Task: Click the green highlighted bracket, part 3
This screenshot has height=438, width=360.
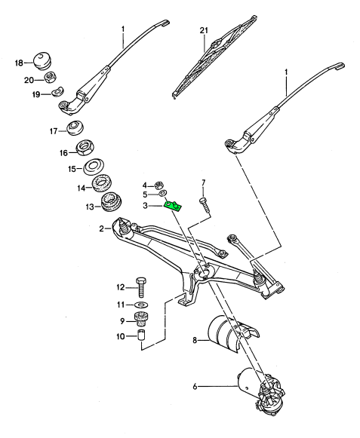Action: point(173,206)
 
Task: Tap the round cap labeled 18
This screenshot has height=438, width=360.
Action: point(42,60)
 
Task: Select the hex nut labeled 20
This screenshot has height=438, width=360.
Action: point(50,77)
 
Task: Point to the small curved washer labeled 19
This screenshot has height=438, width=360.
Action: point(58,91)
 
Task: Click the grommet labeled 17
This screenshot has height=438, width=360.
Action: point(75,127)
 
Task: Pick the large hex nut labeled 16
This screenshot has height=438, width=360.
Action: point(86,148)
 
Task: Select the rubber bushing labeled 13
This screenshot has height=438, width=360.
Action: point(111,202)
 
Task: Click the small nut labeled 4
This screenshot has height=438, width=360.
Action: point(159,185)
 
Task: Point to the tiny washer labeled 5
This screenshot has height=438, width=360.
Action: point(162,193)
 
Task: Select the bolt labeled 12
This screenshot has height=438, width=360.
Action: point(142,287)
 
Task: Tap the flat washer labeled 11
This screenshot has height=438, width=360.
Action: point(142,305)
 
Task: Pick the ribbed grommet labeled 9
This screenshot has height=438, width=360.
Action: point(141,320)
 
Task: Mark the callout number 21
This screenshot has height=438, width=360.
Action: point(204,30)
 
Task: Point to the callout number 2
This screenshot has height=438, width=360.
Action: point(102,228)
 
